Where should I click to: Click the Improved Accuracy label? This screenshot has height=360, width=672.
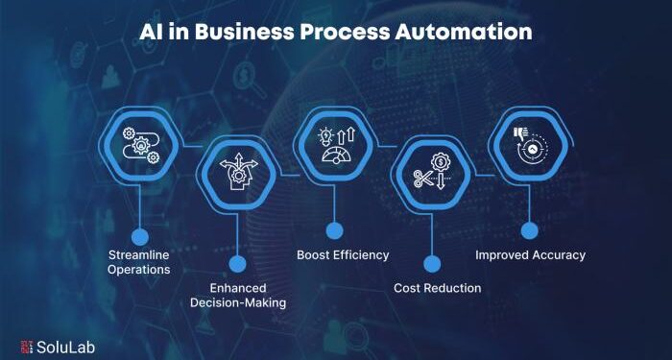[529, 255]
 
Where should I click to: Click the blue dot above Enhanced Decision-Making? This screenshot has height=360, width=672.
[237, 263]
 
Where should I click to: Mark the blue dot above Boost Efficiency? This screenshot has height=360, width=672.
[334, 230]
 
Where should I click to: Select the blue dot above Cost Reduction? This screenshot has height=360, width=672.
[432, 263]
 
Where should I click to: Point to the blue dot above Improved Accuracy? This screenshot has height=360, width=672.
[529, 230]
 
